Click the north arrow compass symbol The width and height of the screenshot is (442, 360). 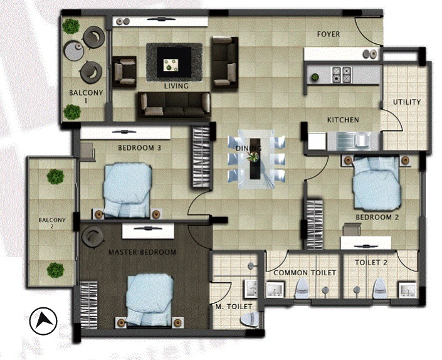(x=43, y=321)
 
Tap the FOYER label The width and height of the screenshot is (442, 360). (x=329, y=34)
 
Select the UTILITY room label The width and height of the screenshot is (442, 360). (x=407, y=102)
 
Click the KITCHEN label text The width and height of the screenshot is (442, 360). (x=343, y=120)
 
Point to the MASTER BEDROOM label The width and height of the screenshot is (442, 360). (x=142, y=252)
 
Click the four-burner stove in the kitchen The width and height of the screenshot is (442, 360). (x=341, y=75)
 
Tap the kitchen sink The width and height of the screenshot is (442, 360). (x=354, y=140)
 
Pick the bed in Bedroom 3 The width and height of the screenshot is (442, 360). (x=127, y=190)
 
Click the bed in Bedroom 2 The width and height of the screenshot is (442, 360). (x=377, y=183)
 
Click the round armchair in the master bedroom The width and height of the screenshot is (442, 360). (x=92, y=237)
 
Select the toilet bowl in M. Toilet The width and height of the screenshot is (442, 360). (x=249, y=319)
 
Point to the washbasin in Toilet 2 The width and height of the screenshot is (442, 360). (x=407, y=290)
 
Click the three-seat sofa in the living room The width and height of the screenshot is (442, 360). (x=174, y=105)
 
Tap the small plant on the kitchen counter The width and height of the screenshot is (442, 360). (x=315, y=77)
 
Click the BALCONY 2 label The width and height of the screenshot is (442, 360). (x=52, y=223)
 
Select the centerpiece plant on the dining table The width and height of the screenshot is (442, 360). (x=253, y=156)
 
